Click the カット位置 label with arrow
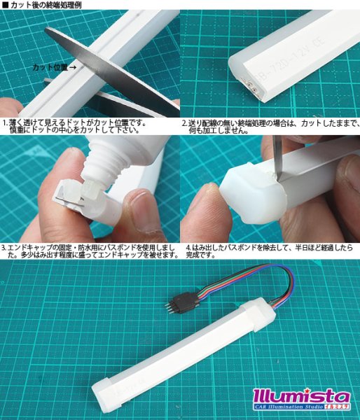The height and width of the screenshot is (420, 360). (54, 68)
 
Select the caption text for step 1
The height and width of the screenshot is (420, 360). (88, 126)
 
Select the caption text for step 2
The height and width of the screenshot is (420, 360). (270, 126)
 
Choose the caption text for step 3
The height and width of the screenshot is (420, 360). (88, 251)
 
